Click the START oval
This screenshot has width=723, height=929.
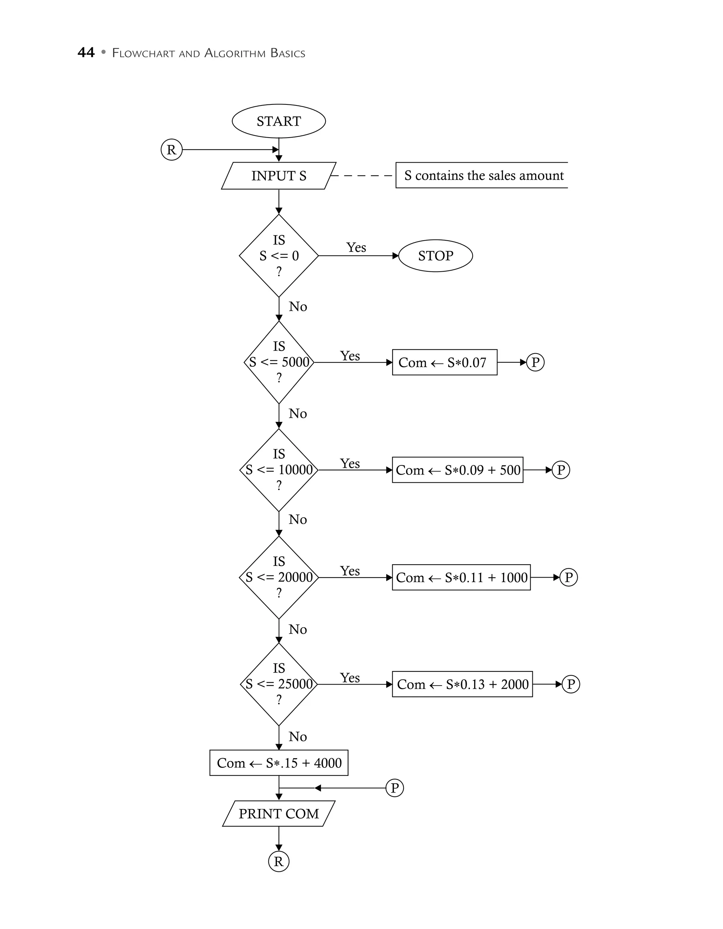(279, 121)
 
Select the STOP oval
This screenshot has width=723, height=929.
(435, 256)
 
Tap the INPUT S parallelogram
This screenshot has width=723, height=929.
(279, 176)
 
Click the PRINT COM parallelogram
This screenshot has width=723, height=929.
(279, 813)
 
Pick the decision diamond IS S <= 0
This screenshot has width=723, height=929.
(279, 256)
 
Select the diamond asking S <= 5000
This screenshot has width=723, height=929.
(279, 362)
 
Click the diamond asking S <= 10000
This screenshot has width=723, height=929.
(279, 470)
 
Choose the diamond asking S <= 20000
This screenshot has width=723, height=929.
(279, 577)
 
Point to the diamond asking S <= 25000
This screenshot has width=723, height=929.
(279, 684)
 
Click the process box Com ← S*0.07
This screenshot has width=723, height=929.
(444, 362)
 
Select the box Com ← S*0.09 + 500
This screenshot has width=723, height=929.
(458, 470)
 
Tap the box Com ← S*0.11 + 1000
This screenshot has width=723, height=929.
(461, 577)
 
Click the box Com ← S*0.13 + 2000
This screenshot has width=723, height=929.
(462, 684)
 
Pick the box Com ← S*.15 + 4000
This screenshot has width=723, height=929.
(279, 763)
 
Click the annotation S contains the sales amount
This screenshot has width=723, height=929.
(483, 175)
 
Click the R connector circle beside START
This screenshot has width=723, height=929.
(172, 150)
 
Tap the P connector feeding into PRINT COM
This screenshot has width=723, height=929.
(394, 788)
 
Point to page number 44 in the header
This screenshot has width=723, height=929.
(86, 53)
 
